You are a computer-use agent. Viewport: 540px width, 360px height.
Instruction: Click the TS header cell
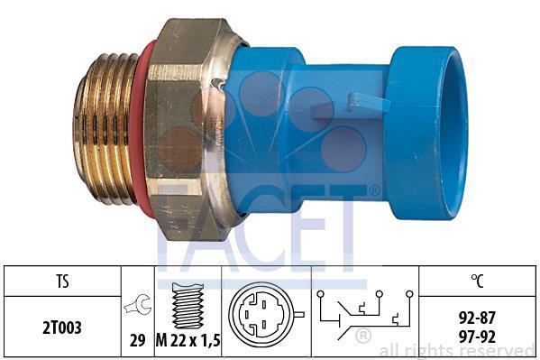62,282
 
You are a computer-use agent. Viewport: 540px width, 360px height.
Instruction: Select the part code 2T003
62,328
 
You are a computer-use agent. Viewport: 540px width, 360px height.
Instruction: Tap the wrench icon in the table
137,304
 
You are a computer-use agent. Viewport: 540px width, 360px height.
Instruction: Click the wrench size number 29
137,341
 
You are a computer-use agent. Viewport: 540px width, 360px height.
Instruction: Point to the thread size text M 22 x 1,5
188,341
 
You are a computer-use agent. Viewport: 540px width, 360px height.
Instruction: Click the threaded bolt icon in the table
188,306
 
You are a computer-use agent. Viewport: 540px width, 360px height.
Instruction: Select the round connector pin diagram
264,314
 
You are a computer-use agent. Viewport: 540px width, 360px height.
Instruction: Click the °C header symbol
477,281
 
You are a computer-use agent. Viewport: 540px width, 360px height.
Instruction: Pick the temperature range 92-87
477,318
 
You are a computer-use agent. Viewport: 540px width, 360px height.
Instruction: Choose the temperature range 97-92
477,337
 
